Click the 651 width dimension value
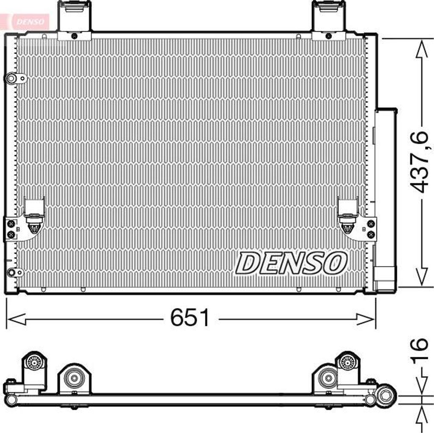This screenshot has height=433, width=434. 190,318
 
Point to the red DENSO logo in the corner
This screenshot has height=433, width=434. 31,22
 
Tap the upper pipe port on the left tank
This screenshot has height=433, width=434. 15,78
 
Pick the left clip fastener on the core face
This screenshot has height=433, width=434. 34,224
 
